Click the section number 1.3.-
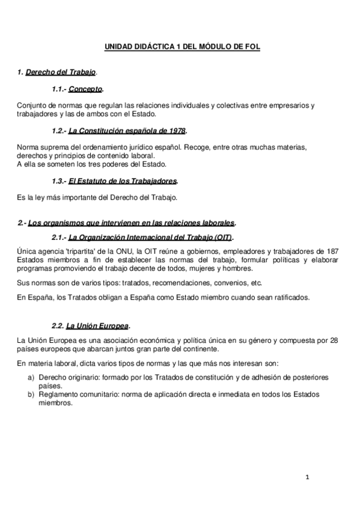pyautogui.click(x=59, y=180)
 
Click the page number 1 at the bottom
pyautogui.click(x=307, y=478)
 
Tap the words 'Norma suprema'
pyautogui.click(x=39, y=147)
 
